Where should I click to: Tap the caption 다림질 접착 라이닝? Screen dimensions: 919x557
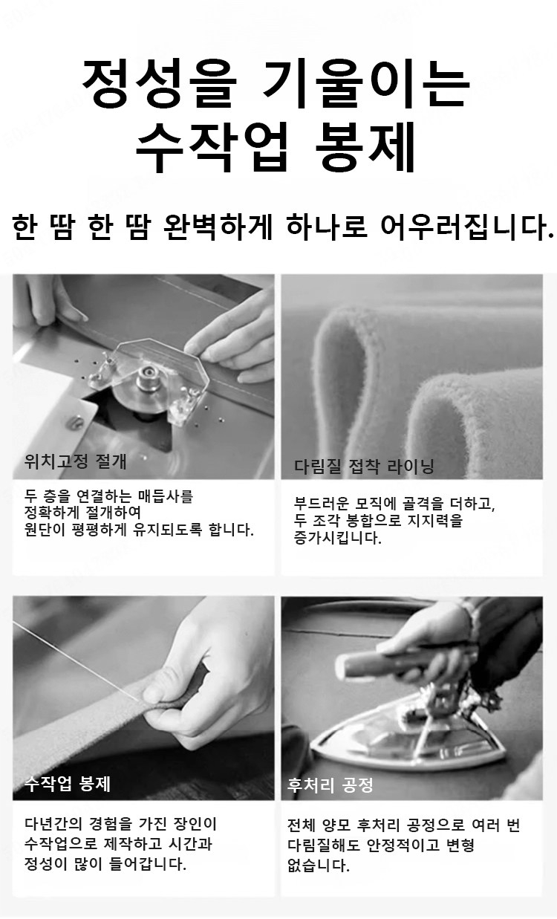(364, 467)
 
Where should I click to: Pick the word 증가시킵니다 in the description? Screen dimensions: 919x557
(338, 538)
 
